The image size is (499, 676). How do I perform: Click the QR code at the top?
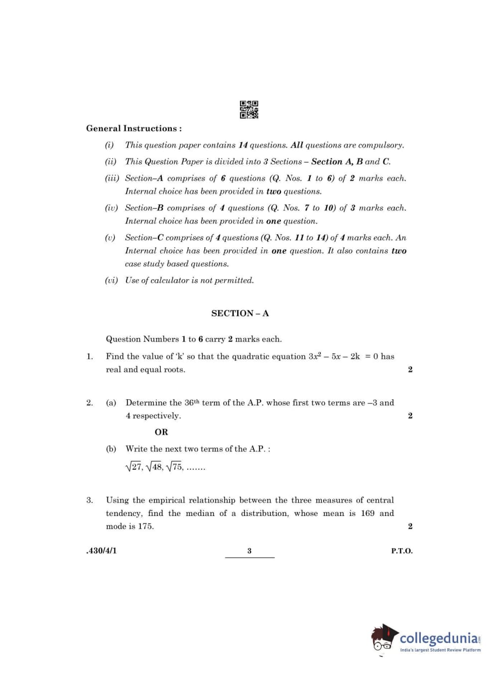point(249,110)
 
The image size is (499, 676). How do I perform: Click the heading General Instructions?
point(133,129)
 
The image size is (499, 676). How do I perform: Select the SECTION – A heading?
point(240,313)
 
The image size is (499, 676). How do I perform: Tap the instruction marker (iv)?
point(111,208)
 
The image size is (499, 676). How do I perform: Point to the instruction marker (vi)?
point(111,280)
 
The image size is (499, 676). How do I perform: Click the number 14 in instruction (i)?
point(243,145)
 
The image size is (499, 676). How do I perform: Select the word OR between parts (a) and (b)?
point(161,432)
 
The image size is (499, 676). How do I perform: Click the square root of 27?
point(134,467)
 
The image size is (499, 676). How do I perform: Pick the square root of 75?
point(174,467)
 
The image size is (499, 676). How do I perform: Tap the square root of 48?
point(154,467)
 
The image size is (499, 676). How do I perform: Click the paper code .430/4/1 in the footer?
point(102,551)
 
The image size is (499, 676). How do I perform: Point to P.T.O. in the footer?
point(402,551)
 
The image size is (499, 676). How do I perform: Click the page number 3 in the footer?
point(249,551)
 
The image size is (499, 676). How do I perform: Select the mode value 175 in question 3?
point(145,526)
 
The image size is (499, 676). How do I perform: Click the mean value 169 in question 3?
point(368,513)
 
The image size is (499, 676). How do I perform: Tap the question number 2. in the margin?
point(90,403)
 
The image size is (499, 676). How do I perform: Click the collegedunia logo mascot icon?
point(384,638)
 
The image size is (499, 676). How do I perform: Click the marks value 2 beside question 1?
point(410,369)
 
